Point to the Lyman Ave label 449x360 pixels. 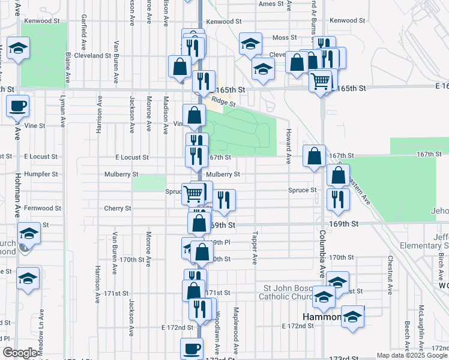pos(62,110)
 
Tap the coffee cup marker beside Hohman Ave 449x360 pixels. pos(17,106)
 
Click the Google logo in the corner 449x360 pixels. pos(20,353)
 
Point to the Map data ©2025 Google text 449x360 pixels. pos(412,355)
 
